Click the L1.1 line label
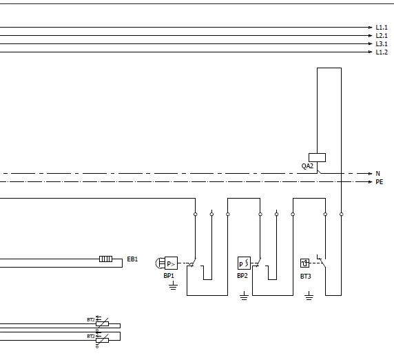click(382, 28)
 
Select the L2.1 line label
click(382, 36)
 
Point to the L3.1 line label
click(382, 44)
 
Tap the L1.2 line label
click(382, 52)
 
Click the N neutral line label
click(378, 173)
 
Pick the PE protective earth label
click(379, 182)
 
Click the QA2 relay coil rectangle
click(317, 157)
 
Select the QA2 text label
click(307, 166)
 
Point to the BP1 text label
click(169, 276)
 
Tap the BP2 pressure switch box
click(244, 263)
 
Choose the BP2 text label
click(242, 276)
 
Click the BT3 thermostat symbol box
click(305, 263)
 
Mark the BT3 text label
click(305, 276)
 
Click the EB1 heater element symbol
click(105, 259)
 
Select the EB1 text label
click(132, 259)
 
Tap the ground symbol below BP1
click(172, 286)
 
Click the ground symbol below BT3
click(309, 297)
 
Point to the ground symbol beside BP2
click(244, 297)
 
